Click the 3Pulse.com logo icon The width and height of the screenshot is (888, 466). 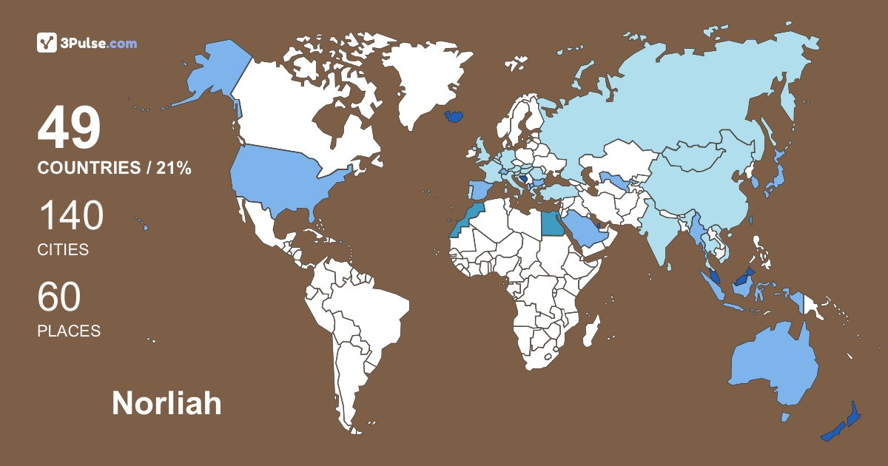pyautogui.click(x=47, y=43)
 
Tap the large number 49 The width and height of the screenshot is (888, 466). pyautogui.click(x=69, y=128)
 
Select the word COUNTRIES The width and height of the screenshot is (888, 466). pyautogui.click(x=89, y=169)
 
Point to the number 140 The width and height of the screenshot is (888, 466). pyautogui.click(x=70, y=216)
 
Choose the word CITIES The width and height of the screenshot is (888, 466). pyautogui.click(x=63, y=250)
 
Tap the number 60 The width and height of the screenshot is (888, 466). pyautogui.click(x=59, y=297)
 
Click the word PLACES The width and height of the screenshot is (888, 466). pyautogui.click(x=69, y=331)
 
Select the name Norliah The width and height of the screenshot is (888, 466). pyautogui.click(x=166, y=403)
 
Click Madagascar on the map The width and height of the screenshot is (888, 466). pyautogui.click(x=589, y=337)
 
